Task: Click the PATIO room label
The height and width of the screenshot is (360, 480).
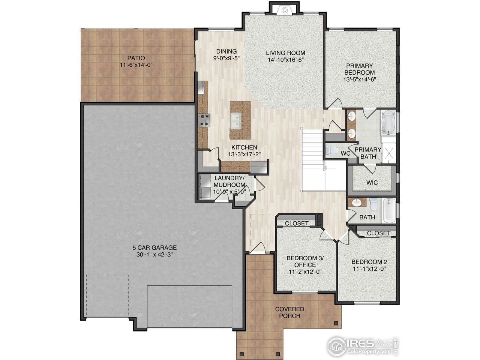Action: pos(136,58)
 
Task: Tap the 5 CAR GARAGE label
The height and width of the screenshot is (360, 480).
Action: pos(154,247)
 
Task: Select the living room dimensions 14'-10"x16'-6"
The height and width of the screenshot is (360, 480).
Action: pos(285,60)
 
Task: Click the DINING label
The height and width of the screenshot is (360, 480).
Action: pos(226,51)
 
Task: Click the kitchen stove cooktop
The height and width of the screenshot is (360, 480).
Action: pos(205,120)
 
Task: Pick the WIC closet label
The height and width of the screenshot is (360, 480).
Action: pos(372,183)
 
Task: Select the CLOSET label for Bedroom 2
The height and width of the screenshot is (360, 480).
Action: pos(378,233)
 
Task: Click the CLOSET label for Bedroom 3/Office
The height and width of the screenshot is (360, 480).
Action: pos(297,223)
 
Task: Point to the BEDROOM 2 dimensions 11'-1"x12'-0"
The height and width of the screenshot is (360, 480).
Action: pos(369,269)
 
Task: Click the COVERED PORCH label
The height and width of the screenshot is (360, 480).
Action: pos(289,312)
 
